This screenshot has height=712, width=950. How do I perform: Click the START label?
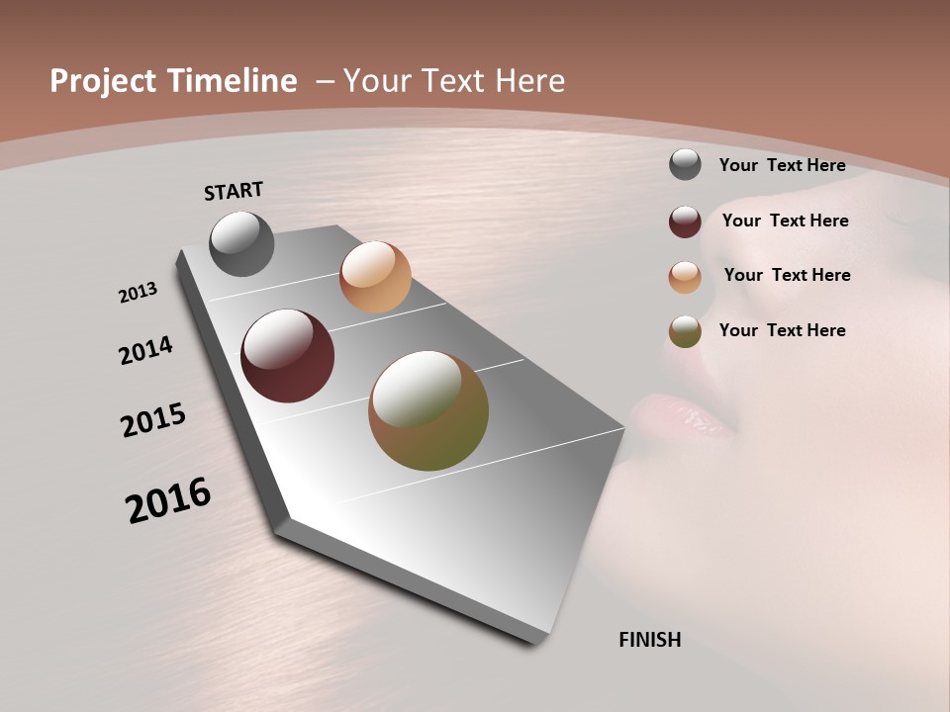click(234, 191)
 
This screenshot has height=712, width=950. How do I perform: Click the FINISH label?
click(649, 640)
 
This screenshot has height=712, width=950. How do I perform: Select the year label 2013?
click(139, 293)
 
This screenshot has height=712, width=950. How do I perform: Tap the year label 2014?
click(146, 351)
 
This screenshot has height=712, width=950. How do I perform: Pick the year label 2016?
click(168, 500)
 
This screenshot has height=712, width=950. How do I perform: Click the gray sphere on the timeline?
click(241, 243)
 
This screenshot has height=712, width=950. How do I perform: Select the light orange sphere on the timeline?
click(375, 277)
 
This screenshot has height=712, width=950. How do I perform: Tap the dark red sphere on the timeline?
click(287, 356)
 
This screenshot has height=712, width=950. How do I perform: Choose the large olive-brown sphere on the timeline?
click(428, 410)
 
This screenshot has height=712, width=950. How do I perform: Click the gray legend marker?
click(685, 165)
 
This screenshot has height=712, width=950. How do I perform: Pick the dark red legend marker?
click(685, 222)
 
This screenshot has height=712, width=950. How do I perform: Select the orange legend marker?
click(685, 276)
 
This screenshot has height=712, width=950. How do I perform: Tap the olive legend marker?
click(685, 331)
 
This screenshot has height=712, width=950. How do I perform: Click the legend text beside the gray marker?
click(782, 165)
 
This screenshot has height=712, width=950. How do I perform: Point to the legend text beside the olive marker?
click(782, 330)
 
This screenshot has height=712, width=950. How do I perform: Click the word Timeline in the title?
click(231, 81)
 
